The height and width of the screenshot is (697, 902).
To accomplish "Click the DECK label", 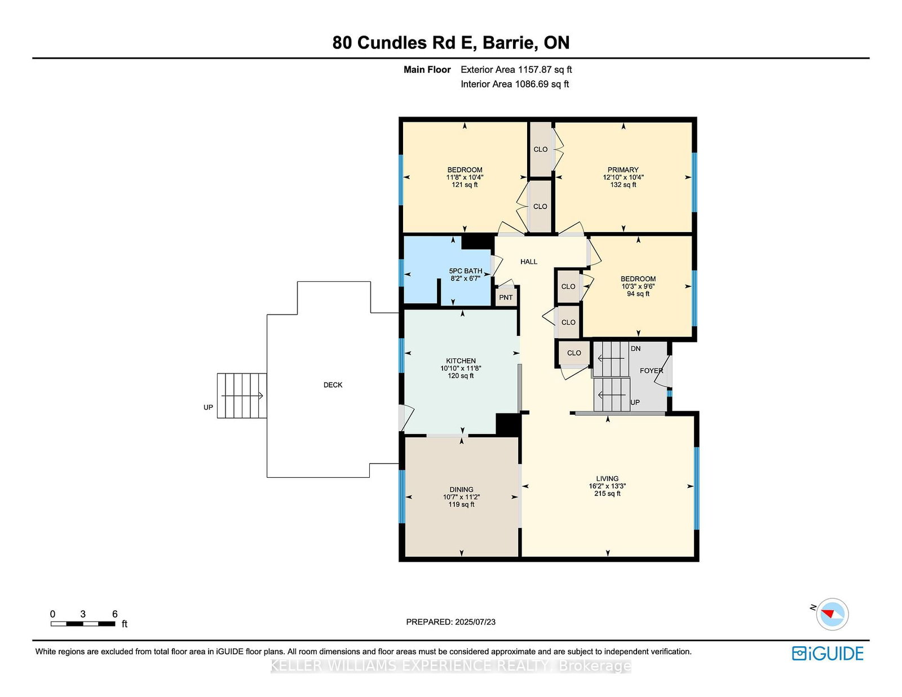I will [x=333, y=385].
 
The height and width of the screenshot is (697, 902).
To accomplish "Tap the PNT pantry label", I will [x=506, y=298].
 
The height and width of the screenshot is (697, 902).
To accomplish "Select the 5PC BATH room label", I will [x=465, y=271].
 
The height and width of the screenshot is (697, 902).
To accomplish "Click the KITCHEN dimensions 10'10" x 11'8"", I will [x=461, y=369].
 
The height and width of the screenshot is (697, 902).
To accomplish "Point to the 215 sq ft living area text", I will [x=607, y=494].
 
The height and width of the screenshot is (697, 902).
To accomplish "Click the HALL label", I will [x=529, y=261].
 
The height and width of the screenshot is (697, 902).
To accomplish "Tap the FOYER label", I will [x=651, y=371].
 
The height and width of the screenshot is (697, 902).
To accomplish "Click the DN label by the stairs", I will [x=635, y=349].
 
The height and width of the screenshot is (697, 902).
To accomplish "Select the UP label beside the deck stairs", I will [x=208, y=407].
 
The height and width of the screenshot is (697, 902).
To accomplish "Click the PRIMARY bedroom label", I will [x=623, y=170].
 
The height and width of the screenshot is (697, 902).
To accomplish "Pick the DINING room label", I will [x=461, y=490].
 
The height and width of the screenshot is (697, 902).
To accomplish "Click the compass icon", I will [x=832, y=614].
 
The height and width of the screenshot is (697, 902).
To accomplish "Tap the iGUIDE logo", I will [x=827, y=654].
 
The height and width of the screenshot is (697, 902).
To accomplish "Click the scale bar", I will [x=83, y=624].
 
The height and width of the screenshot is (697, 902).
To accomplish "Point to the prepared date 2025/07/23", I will [x=450, y=622].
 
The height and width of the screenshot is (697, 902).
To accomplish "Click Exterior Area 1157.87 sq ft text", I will [x=516, y=70].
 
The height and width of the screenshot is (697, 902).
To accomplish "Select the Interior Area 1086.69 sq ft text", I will [x=514, y=84].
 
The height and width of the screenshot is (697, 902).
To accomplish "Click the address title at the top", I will [x=450, y=43].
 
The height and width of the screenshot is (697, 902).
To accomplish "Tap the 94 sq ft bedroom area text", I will [x=638, y=294].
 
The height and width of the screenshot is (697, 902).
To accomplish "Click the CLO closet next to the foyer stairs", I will [x=574, y=353].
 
